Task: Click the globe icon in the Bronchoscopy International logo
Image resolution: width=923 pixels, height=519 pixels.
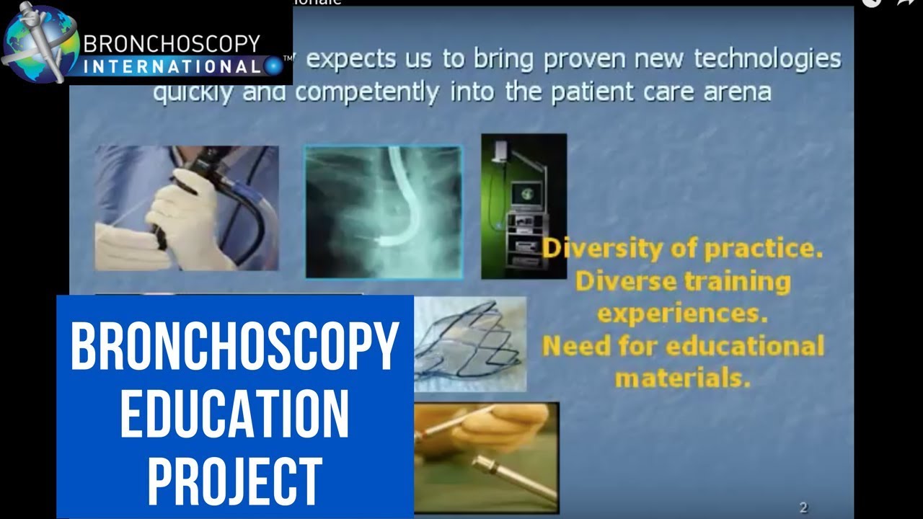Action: pyautogui.click(x=40, y=43)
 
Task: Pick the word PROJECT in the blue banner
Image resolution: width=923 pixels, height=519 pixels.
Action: pyautogui.click(x=234, y=482)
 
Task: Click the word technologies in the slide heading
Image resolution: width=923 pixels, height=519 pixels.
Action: pyautogui.click(x=767, y=60)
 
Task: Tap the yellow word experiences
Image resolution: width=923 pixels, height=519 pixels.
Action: pyautogui.click(x=682, y=314)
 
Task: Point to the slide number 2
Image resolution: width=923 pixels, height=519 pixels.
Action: pyautogui.click(x=803, y=508)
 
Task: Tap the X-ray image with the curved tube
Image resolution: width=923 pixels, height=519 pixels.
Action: pyautogui.click(x=383, y=212)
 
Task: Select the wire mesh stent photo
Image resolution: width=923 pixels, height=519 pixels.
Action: pyautogui.click(x=470, y=345)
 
